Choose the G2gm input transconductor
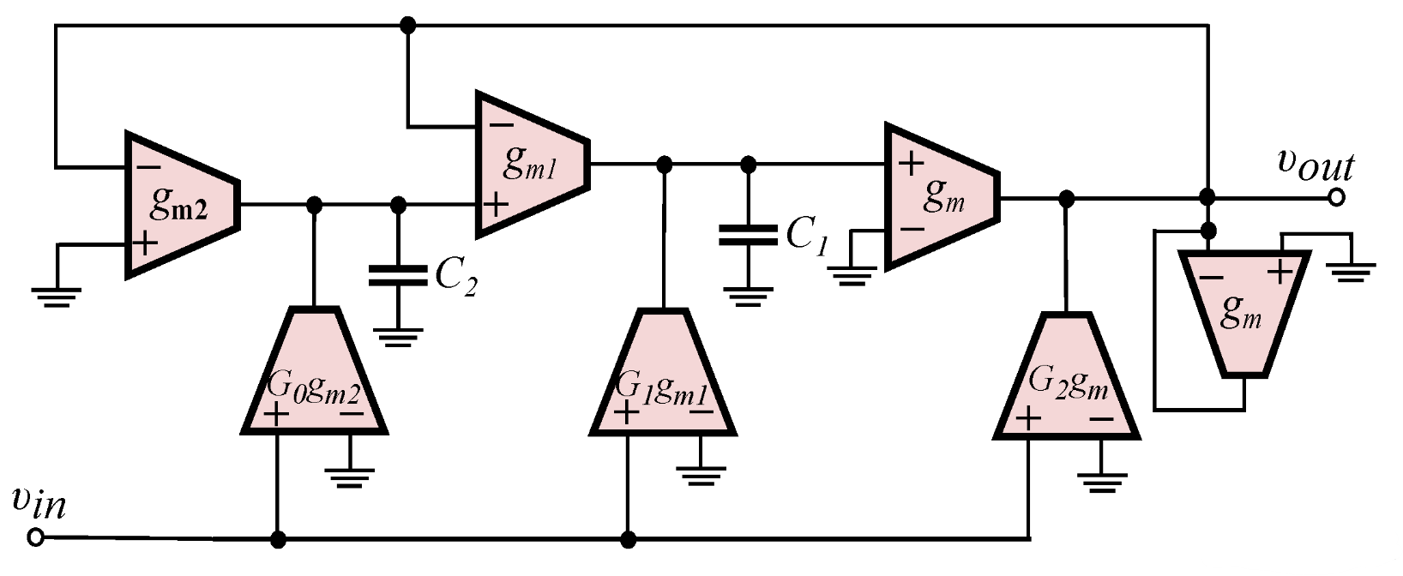pyautogui.click(x=1067, y=381)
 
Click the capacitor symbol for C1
pyautogui.click(x=748, y=235)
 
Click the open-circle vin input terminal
pyautogui.click(x=35, y=538)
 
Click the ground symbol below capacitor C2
pyautogui.click(x=397, y=337)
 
